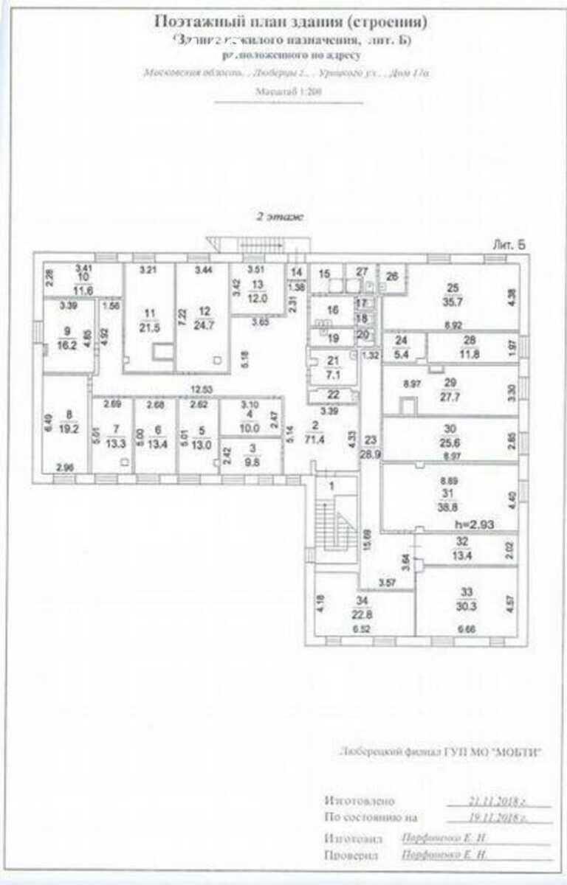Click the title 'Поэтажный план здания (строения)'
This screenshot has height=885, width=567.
[291, 22]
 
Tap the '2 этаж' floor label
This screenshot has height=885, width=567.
[279, 218]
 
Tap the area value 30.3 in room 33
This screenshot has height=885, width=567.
[467, 607]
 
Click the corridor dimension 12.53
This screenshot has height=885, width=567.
[200, 389]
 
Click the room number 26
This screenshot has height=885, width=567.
[392, 276]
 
